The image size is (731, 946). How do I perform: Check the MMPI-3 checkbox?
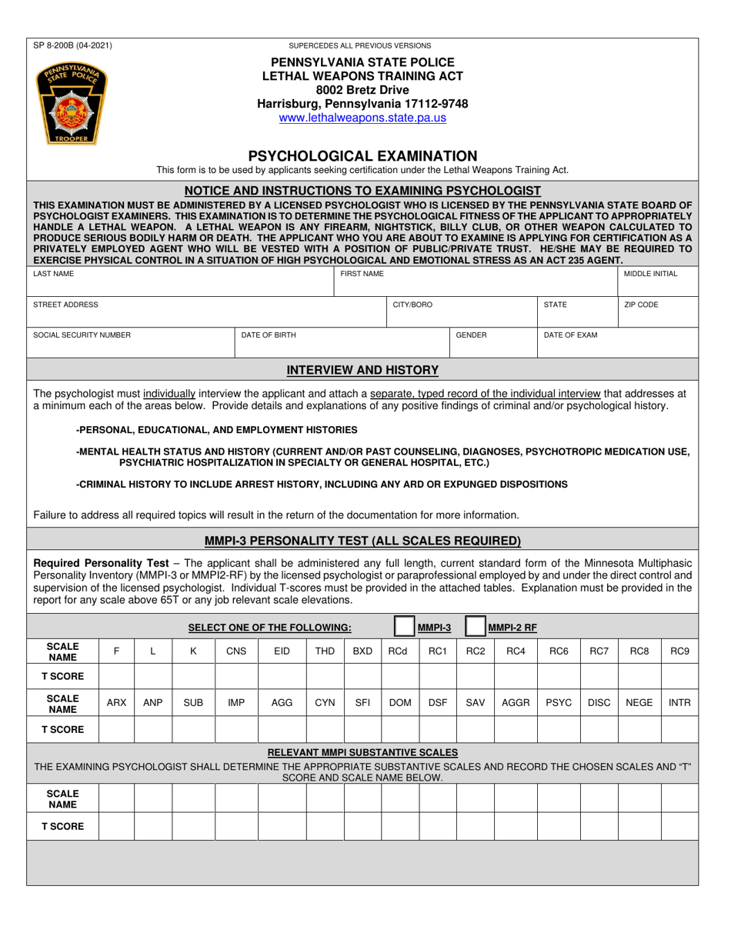click(x=404, y=627)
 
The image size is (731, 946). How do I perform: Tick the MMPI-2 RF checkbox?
click(x=476, y=627)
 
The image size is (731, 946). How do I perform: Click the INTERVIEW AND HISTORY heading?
click(x=362, y=370)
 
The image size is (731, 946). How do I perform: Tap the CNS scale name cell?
click(x=236, y=651)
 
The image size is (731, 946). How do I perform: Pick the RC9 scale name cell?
click(x=679, y=651)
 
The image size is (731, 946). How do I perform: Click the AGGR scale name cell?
click(x=515, y=703)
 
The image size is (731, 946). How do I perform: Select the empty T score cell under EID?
click(x=282, y=677)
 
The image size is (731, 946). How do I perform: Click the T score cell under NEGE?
click(x=639, y=728)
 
